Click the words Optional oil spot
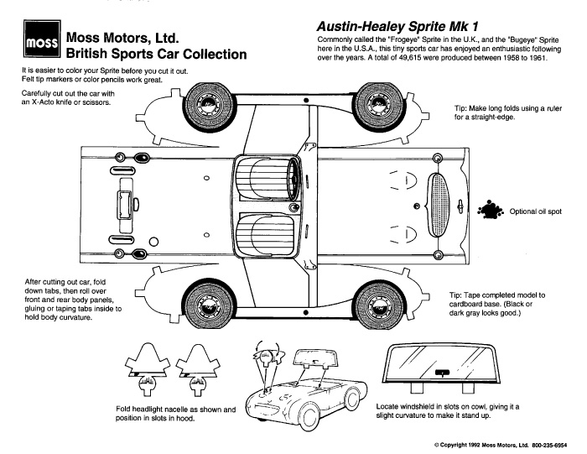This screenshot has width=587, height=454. (537, 211)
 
